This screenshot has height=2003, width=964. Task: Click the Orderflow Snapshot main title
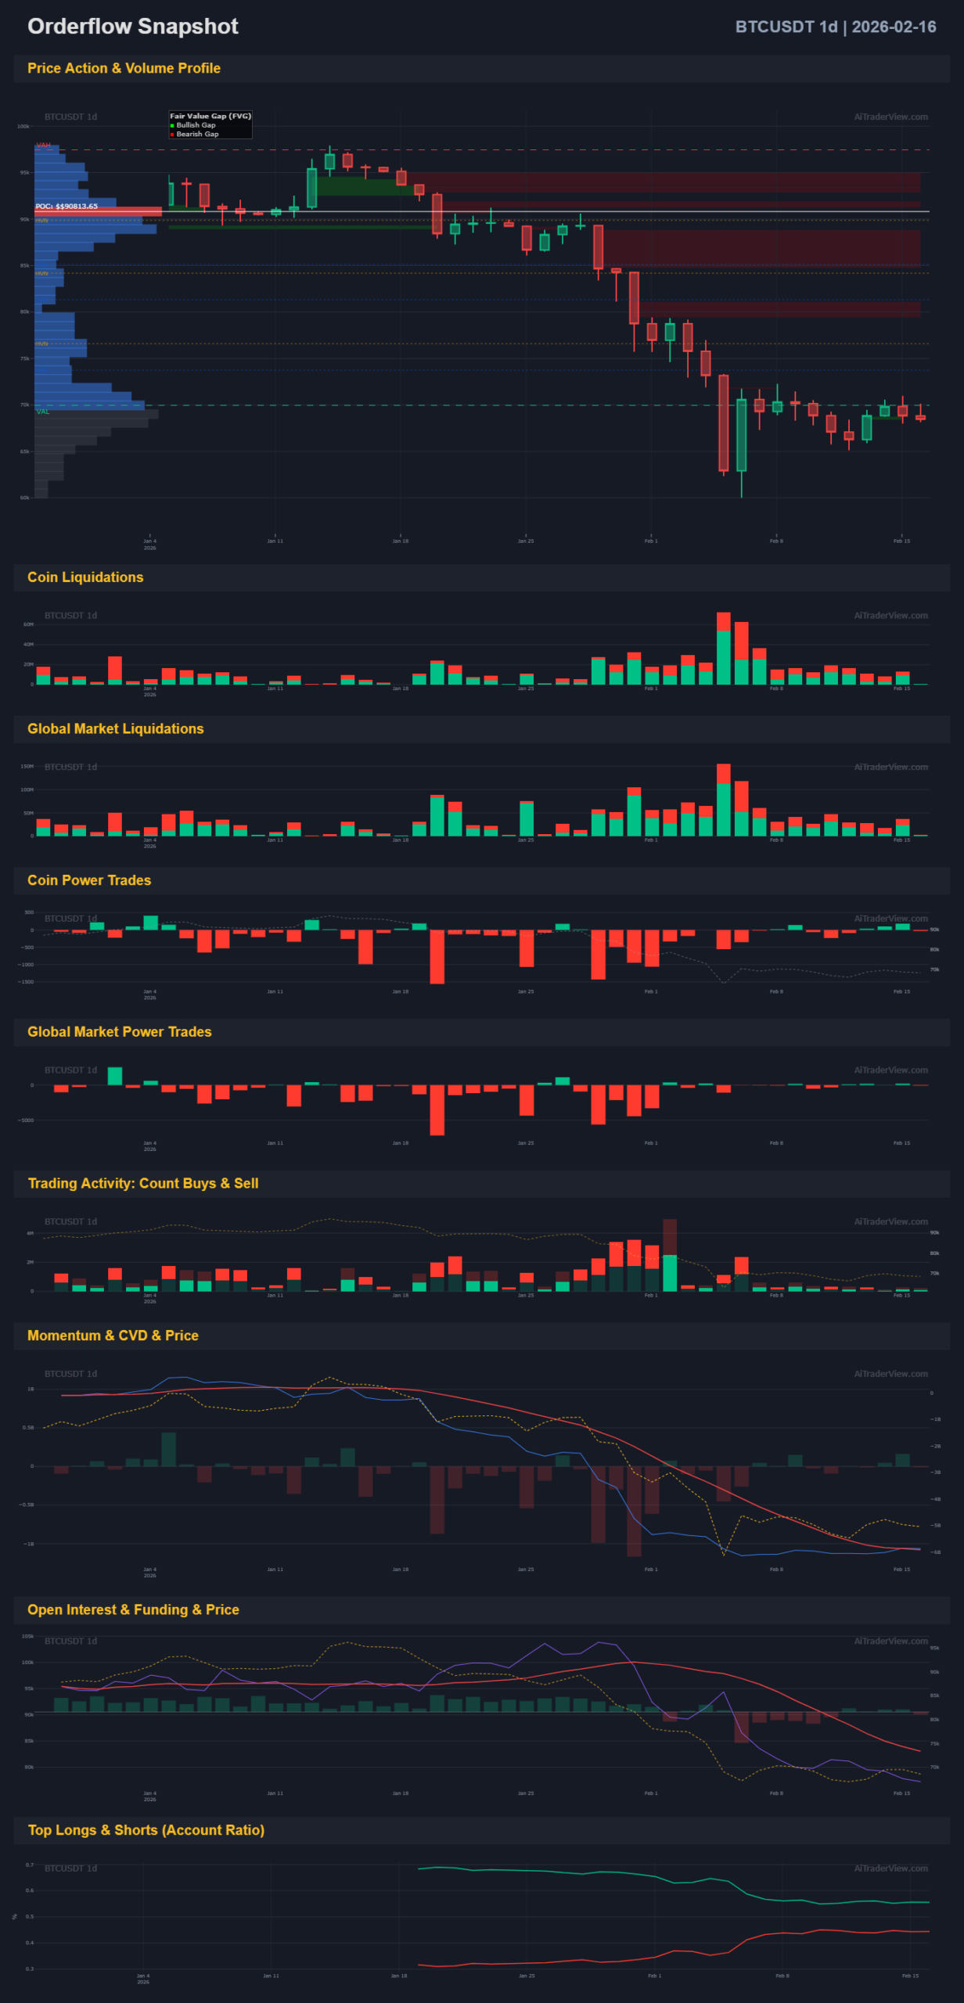click(132, 27)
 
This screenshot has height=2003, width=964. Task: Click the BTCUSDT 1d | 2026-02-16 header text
click(835, 27)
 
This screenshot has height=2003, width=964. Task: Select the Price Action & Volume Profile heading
click(124, 68)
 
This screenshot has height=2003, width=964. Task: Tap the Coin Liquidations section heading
click(85, 577)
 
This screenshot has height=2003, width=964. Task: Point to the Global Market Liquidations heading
click(115, 728)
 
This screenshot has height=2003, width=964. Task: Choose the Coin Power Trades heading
click(89, 880)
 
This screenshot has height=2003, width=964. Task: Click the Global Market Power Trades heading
click(119, 1031)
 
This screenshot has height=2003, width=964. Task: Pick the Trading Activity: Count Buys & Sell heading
click(143, 1183)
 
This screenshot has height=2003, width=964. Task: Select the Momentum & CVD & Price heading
click(113, 1335)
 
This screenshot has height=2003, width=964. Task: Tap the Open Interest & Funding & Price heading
click(133, 1609)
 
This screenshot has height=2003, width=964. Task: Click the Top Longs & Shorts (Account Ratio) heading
click(146, 1830)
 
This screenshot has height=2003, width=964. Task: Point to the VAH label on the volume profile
click(43, 146)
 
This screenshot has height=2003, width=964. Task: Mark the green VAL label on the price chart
click(42, 412)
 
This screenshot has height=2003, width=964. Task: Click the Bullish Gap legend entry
click(195, 125)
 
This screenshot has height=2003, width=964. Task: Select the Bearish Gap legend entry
click(196, 135)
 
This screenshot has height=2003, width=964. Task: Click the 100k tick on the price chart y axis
click(23, 126)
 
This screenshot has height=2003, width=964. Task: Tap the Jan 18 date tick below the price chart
click(400, 541)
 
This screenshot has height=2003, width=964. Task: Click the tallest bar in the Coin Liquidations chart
click(723, 649)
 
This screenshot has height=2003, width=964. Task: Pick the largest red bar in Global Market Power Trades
click(437, 1109)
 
